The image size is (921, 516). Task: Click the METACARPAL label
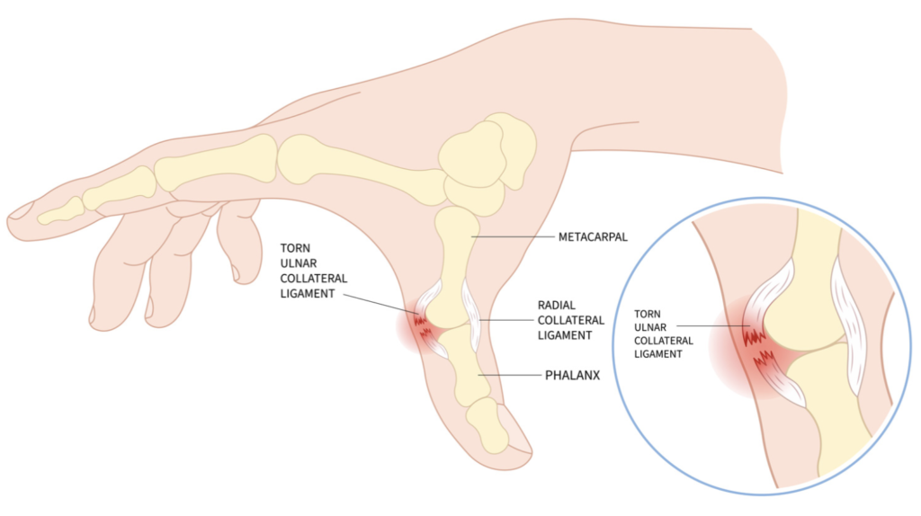[x=593, y=237]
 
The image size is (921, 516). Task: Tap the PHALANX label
[x=572, y=375]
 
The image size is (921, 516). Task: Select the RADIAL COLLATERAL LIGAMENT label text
[x=571, y=320]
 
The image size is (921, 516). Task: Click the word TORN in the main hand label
[x=295, y=248]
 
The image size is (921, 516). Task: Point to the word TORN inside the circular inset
[x=648, y=314]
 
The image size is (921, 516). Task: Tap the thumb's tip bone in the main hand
[x=487, y=425]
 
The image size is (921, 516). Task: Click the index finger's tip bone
[x=60, y=211]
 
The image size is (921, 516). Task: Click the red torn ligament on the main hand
[x=423, y=327]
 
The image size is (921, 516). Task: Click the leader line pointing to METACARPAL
[x=513, y=237]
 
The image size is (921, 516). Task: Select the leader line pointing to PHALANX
[x=509, y=375]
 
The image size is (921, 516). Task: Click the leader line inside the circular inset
[x=713, y=326]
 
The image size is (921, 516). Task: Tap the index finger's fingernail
[x=20, y=210]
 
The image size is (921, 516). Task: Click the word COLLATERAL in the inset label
[x=664, y=341]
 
